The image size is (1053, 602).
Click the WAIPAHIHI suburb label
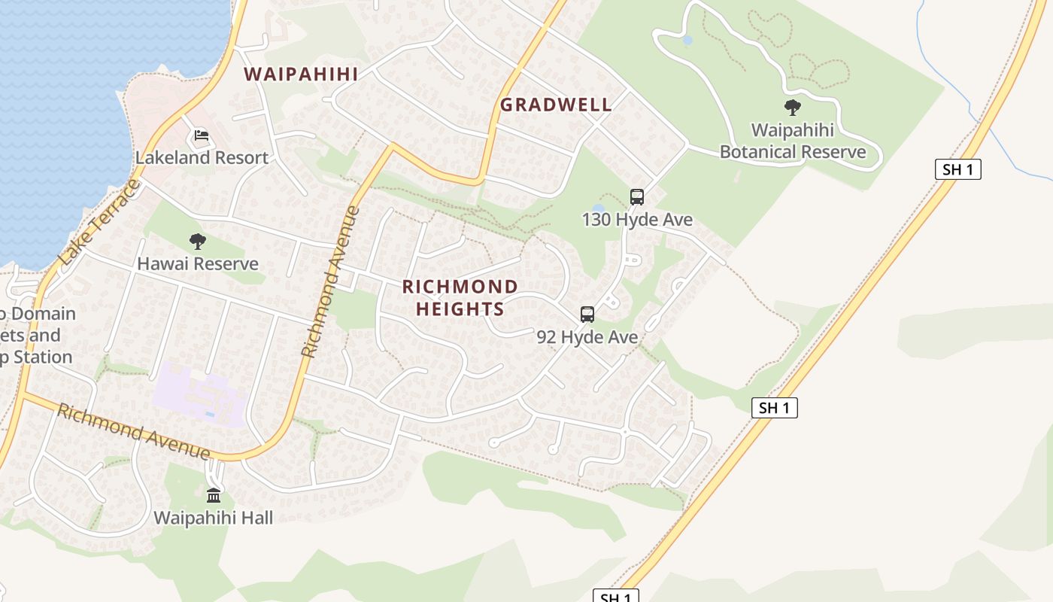(x=301, y=74)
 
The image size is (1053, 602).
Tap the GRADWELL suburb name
(x=556, y=105)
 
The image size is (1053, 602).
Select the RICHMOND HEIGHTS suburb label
(x=460, y=298)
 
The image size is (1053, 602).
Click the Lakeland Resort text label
(x=202, y=158)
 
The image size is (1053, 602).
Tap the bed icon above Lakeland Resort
(x=201, y=135)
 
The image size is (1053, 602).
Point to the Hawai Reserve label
(x=198, y=264)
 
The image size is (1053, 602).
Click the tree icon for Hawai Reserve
(x=198, y=242)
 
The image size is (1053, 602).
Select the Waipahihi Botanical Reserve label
(x=793, y=141)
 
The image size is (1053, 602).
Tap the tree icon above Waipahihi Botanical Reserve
(x=792, y=108)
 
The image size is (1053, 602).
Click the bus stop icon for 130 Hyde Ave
(x=637, y=197)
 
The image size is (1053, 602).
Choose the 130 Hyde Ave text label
(x=637, y=220)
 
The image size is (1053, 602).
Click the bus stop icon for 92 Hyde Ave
(x=587, y=315)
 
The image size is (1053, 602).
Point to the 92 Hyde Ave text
(x=587, y=337)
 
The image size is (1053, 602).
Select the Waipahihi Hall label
(x=214, y=518)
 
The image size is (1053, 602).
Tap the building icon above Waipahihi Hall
(x=214, y=495)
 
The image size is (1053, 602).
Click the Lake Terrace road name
(x=99, y=223)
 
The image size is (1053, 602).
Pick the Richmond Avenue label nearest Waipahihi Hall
(x=134, y=432)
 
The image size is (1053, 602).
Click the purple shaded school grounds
(x=199, y=395)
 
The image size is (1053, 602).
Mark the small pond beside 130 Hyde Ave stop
(x=598, y=208)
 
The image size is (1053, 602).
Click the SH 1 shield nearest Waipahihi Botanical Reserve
(x=957, y=169)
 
